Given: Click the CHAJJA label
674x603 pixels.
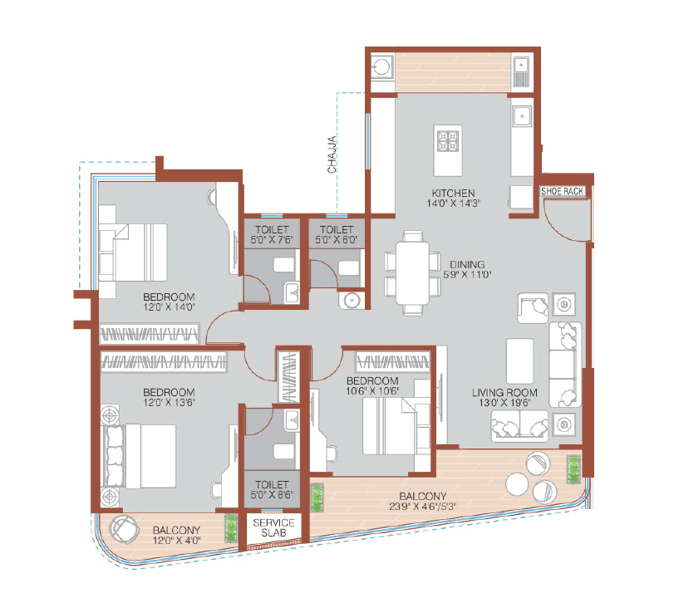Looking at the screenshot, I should point(332,154).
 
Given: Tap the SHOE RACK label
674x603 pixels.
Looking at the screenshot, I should point(563,191).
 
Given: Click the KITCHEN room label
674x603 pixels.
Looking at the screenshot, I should point(452,193).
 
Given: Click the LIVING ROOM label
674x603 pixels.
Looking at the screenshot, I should point(504,392).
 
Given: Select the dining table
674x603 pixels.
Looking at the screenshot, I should point(412,272).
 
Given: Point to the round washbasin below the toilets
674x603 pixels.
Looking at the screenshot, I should point(352,301).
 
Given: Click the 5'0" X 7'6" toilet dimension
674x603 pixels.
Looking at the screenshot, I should point(273,240).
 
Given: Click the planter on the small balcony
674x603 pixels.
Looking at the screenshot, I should point(230,529).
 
